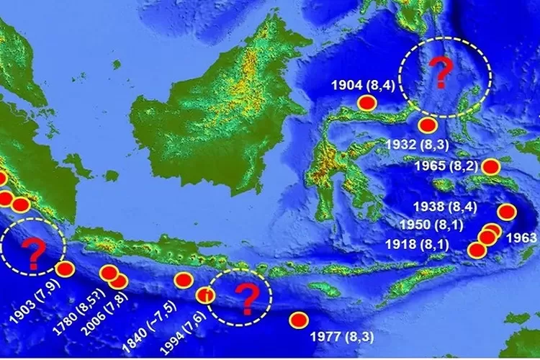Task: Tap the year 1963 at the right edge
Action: (522, 238)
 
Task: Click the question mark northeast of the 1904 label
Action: (441, 72)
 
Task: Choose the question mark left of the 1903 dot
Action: (32, 253)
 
